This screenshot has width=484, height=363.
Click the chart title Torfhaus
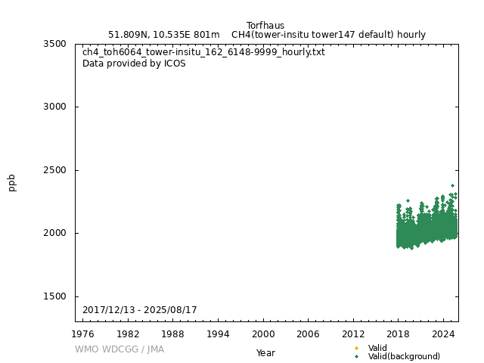[265, 25]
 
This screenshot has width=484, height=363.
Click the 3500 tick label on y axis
[54, 44]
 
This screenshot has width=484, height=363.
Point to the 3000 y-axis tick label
[54, 107]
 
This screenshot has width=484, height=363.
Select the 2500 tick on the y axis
[54, 170]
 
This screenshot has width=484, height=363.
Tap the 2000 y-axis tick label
[54, 233]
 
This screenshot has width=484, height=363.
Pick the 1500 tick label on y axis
[54, 296]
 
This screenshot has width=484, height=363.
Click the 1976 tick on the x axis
[83, 334]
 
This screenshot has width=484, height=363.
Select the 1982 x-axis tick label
[128, 334]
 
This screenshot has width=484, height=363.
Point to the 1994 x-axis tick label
[218, 334]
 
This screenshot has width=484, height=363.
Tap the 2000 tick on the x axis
[263, 334]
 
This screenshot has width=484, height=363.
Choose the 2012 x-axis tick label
[353, 334]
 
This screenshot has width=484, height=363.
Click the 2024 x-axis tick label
[443, 334]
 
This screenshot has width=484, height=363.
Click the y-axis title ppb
[12, 182]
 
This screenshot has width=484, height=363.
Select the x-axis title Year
[265, 352]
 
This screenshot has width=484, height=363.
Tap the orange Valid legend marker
[356, 348]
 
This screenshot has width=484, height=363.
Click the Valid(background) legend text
[404, 356]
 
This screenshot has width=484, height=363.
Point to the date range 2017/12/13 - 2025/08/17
[140, 310]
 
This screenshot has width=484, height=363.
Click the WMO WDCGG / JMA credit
[119, 349]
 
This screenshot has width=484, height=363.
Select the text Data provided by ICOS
[134, 64]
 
